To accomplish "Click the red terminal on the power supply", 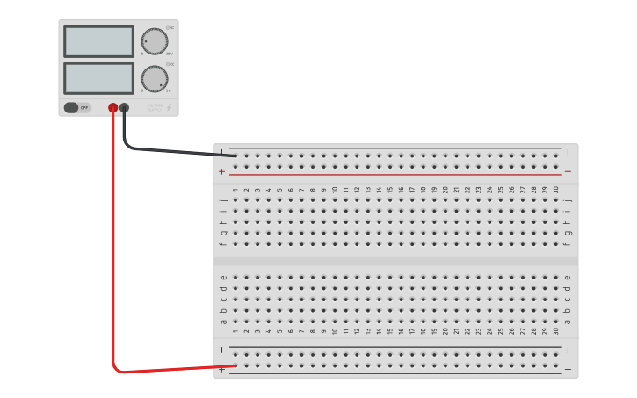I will point(113,108).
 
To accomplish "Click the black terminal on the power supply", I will point(124,108).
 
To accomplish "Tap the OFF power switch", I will point(76,108).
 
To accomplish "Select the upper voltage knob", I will point(155,41).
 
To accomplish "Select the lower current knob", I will point(155,78).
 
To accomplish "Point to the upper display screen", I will point(98,41).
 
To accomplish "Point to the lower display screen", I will point(98,78).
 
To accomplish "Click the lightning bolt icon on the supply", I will point(170,108).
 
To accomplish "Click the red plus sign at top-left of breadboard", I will point(221,172).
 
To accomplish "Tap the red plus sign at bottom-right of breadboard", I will point(568,370).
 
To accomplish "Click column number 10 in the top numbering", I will point(335,189).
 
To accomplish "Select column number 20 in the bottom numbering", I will point(445,331).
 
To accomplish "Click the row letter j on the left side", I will point(223,200).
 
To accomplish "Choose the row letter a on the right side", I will point(568,321).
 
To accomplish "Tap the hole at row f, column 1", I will point(235,244).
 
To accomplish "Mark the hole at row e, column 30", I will point(555,277).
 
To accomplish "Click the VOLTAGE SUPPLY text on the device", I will point(156,108).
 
